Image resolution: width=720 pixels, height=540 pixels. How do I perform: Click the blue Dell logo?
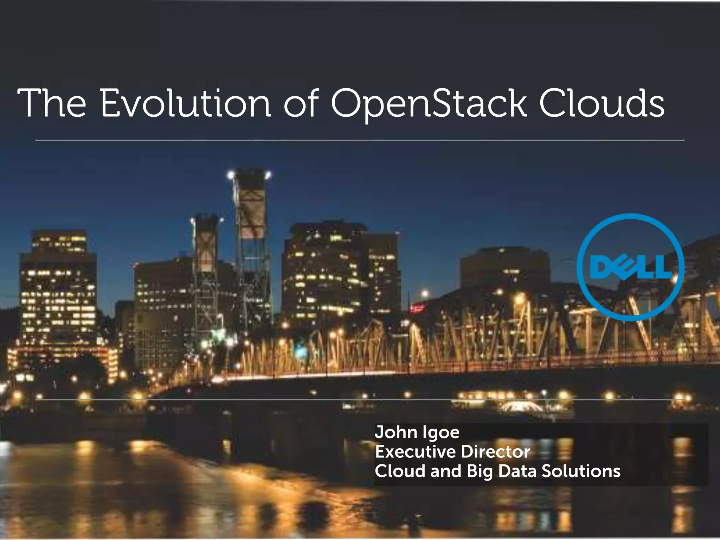point(631,267)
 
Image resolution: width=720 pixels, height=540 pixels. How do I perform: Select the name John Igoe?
point(417,432)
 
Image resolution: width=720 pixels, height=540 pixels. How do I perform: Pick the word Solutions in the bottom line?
point(581,471)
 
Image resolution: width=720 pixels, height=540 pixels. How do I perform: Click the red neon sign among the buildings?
point(417,308)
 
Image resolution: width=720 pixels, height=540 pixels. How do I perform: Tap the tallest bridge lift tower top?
point(250,176)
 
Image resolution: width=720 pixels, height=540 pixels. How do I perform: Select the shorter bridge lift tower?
point(206,243)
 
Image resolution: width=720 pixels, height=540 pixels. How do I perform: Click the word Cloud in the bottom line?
point(400,471)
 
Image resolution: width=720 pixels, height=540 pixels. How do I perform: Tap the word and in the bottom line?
point(445,471)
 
